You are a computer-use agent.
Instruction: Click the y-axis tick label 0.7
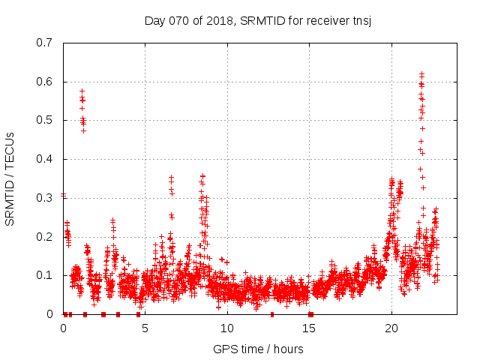[44, 43]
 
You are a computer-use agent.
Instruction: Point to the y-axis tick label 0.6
[44, 82]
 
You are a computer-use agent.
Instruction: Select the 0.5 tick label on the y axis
[44, 120]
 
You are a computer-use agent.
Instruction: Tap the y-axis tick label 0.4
[44, 159]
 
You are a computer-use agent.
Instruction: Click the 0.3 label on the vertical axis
[44, 198]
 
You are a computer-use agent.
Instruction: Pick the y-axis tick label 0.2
[44, 236]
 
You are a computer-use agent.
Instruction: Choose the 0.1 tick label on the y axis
[44, 275]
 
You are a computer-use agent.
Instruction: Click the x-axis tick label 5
[145, 328]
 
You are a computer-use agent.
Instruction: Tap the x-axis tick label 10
[227, 328]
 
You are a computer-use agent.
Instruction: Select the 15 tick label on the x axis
[309, 328]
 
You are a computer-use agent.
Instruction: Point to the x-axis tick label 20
[391, 328]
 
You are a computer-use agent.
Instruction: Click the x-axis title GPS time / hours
[258, 349]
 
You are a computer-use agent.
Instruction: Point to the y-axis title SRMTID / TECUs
[10, 178]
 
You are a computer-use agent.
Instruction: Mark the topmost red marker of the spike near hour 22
[421, 73]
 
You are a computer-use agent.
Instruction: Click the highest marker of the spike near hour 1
[82, 91]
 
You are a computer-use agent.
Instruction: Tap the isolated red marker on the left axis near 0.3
[64, 195]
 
